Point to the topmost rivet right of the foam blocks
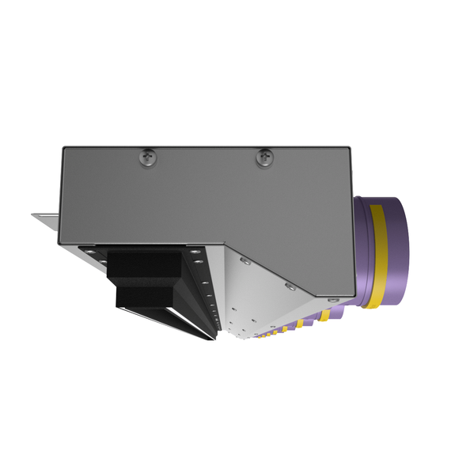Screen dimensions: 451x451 195,251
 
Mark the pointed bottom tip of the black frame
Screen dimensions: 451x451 214,339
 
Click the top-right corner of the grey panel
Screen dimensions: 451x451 351,147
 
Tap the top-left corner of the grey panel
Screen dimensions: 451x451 63,147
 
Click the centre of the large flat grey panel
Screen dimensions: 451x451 206,198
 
